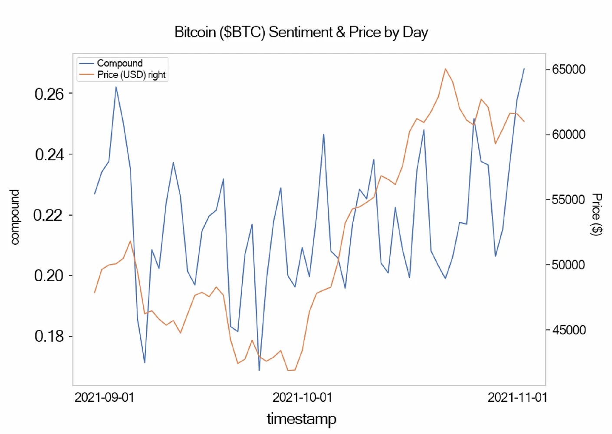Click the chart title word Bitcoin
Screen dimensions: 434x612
click(x=195, y=32)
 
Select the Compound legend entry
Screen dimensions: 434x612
click(x=119, y=63)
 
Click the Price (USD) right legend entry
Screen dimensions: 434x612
click(x=131, y=75)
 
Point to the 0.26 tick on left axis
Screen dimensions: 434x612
click(x=49, y=94)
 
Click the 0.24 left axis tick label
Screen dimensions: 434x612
click(x=49, y=155)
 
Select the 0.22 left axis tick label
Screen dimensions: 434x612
click(x=49, y=215)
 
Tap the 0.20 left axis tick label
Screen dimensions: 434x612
click(x=49, y=276)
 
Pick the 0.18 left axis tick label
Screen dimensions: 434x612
click(x=49, y=336)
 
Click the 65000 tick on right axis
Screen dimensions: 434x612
click(x=569, y=69)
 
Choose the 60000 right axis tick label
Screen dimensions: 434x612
click(x=569, y=135)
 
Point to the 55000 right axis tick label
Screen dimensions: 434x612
click(x=569, y=200)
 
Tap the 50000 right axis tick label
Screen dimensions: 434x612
click(x=569, y=265)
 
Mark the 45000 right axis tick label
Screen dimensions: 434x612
click(x=569, y=330)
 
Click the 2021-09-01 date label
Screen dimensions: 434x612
click(x=105, y=398)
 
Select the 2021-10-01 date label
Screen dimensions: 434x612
click(x=302, y=398)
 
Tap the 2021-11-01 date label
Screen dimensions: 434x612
click(x=517, y=398)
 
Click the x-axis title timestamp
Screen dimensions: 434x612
click(x=301, y=419)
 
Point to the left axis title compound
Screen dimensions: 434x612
click(x=15, y=217)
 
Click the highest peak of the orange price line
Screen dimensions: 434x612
click(x=445, y=69)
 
